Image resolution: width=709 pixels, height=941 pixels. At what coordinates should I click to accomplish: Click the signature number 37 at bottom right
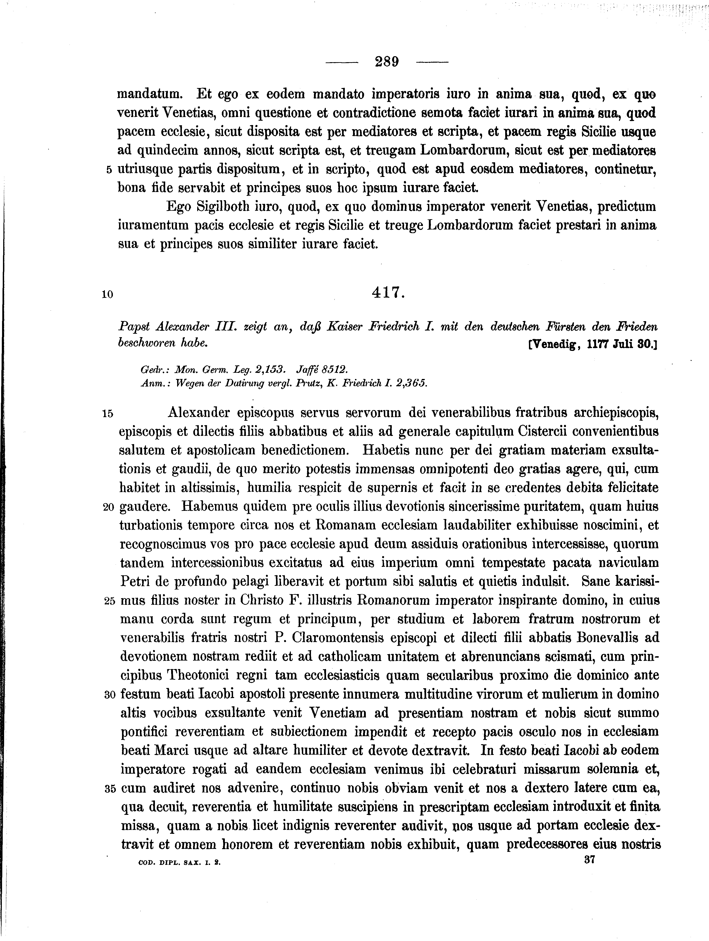pos(590,860)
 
